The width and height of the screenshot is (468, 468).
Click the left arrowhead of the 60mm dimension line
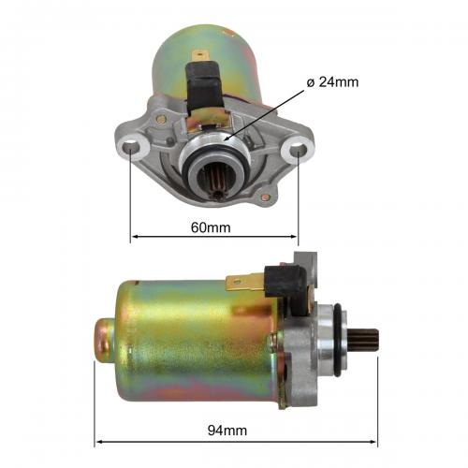135,236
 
